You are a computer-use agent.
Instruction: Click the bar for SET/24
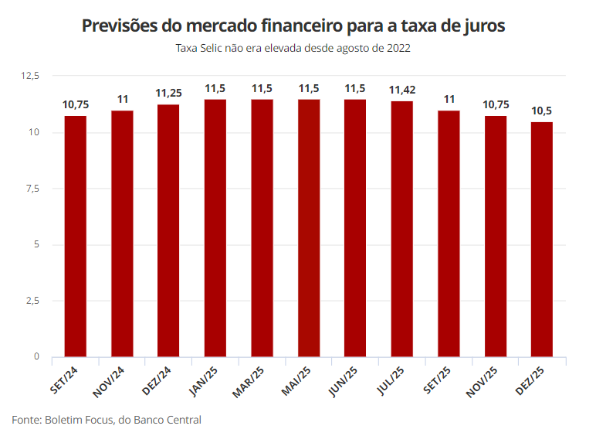point(76,236)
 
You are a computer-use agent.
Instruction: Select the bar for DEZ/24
point(168,230)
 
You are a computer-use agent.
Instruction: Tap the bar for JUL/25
point(401,229)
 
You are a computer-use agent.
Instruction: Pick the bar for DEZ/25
point(542,239)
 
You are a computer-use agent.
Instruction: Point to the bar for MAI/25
point(309,228)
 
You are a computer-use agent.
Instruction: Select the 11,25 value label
point(168,93)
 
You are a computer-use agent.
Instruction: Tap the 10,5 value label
point(542,111)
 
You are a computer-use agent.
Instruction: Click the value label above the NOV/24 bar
point(122,99)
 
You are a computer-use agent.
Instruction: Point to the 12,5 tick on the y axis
point(31,76)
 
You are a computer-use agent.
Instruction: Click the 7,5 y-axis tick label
point(33,189)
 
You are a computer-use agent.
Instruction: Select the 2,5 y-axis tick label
point(33,301)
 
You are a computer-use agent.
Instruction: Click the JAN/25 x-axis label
point(205,379)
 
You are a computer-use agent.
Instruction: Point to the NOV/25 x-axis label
point(483,380)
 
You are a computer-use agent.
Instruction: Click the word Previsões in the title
point(119,26)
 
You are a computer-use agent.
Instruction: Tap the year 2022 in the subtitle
point(395,48)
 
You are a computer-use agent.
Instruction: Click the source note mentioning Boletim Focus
point(107,420)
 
